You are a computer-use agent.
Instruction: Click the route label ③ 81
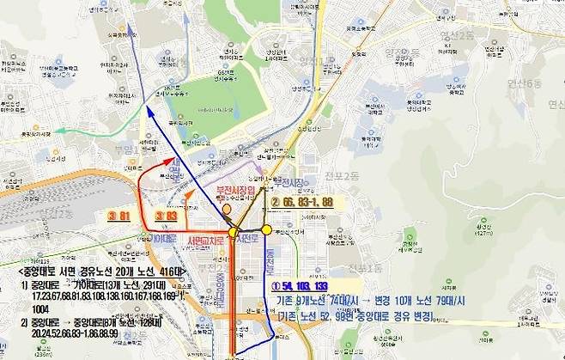(x=118, y=215)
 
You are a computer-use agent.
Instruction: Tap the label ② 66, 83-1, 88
(x=301, y=201)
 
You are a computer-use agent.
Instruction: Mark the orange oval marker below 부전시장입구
(x=227, y=208)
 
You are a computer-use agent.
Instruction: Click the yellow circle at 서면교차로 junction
(x=234, y=232)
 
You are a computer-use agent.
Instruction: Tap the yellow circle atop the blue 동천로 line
(x=267, y=229)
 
